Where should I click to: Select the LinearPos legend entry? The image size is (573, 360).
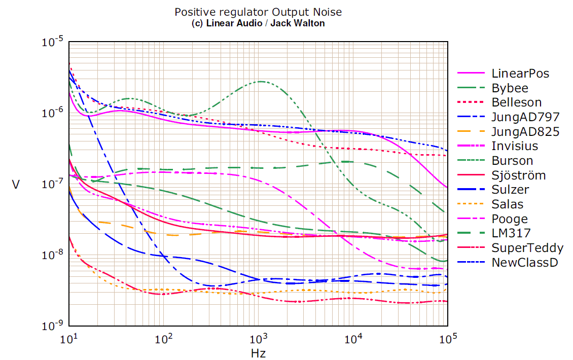click(520, 74)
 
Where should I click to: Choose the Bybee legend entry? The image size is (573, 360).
click(510, 88)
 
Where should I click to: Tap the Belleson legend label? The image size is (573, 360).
click(516, 102)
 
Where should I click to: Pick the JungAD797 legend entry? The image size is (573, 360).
click(525, 117)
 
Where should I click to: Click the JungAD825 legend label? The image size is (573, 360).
click(525, 132)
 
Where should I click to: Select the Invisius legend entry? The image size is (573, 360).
click(514, 146)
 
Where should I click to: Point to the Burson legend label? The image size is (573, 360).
click(512, 161)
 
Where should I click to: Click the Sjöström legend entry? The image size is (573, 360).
click(518, 175)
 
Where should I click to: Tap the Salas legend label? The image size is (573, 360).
click(507, 204)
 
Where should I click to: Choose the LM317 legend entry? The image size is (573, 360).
click(511, 234)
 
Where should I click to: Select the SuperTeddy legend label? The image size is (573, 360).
click(527, 248)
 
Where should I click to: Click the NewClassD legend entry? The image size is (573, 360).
click(524, 263)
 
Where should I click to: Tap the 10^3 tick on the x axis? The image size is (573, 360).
click(259, 338)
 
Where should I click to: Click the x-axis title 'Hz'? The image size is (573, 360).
click(258, 352)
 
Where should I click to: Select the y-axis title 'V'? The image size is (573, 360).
click(16, 185)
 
